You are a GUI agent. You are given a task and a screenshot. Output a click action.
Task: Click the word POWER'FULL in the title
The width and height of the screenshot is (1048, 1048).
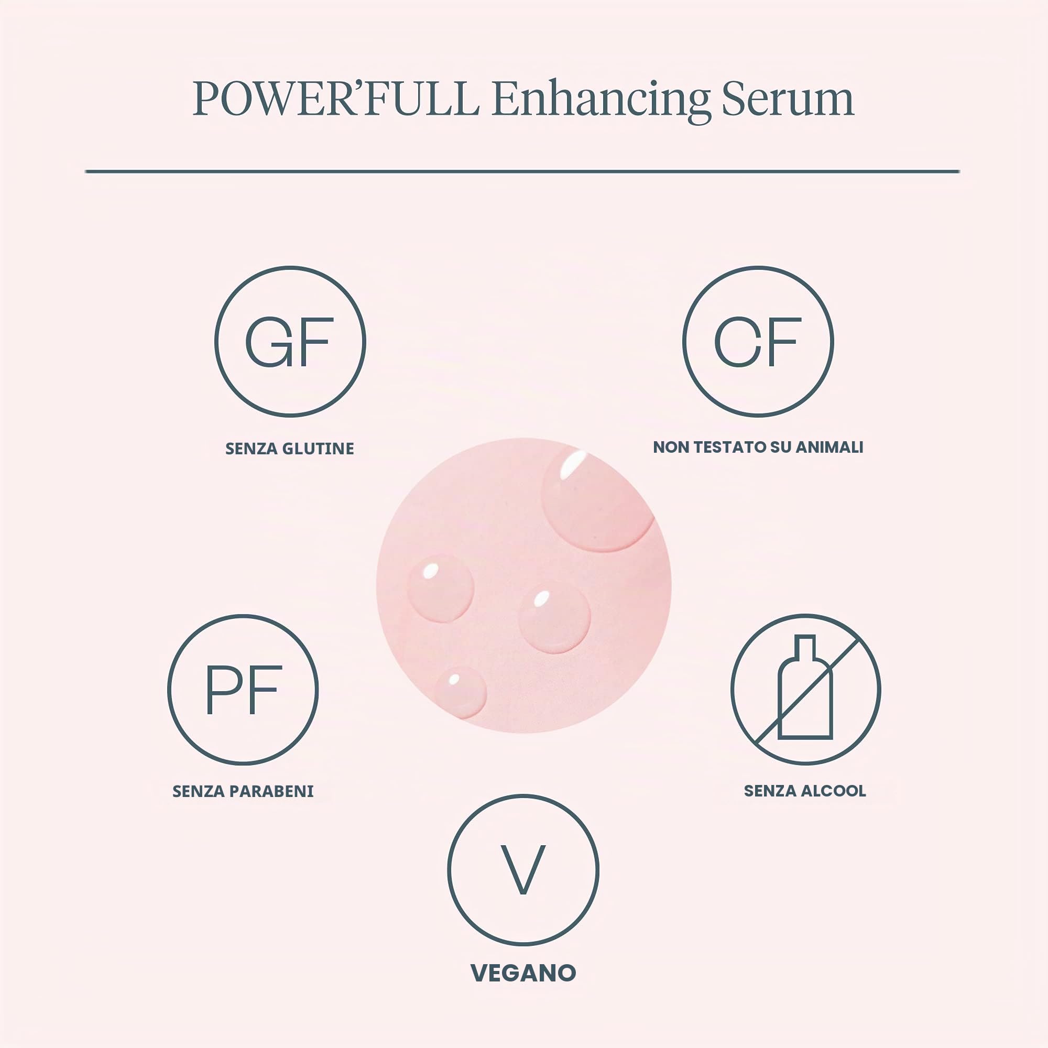click(336, 99)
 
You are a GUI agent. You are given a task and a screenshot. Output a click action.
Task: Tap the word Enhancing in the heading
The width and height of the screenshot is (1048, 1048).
click(601, 102)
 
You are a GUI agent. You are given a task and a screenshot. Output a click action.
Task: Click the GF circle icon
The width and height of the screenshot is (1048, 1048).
click(290, 342)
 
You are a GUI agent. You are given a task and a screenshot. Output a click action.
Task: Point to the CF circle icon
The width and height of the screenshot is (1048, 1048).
click(758, 342)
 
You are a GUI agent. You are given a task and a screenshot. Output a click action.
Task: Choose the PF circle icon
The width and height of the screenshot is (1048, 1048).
click(243, 690)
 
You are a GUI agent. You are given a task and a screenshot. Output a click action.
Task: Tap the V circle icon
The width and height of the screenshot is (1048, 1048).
click(523, 870)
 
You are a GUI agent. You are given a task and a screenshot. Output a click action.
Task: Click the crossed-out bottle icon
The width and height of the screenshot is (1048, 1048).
click(805, 690)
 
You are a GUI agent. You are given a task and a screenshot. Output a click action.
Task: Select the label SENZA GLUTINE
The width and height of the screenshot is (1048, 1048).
click(290, 449)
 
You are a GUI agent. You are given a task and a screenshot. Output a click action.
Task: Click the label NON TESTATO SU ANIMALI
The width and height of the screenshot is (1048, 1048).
click(758, 447)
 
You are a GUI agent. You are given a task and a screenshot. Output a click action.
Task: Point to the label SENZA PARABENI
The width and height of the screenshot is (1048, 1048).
click(243, 791)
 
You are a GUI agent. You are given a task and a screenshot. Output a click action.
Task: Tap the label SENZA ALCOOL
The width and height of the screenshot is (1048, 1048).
click(805, 790)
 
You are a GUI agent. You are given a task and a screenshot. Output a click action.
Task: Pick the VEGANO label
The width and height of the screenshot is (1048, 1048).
click(523, 973)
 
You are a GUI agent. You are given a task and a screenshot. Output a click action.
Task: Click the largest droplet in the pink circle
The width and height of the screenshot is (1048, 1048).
click(597, 500)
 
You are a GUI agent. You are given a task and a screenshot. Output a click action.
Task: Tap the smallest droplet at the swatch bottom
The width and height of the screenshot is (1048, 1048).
click(460, 693)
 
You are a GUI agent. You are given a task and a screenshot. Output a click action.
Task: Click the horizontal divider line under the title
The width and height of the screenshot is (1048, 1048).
click(522, 171)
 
